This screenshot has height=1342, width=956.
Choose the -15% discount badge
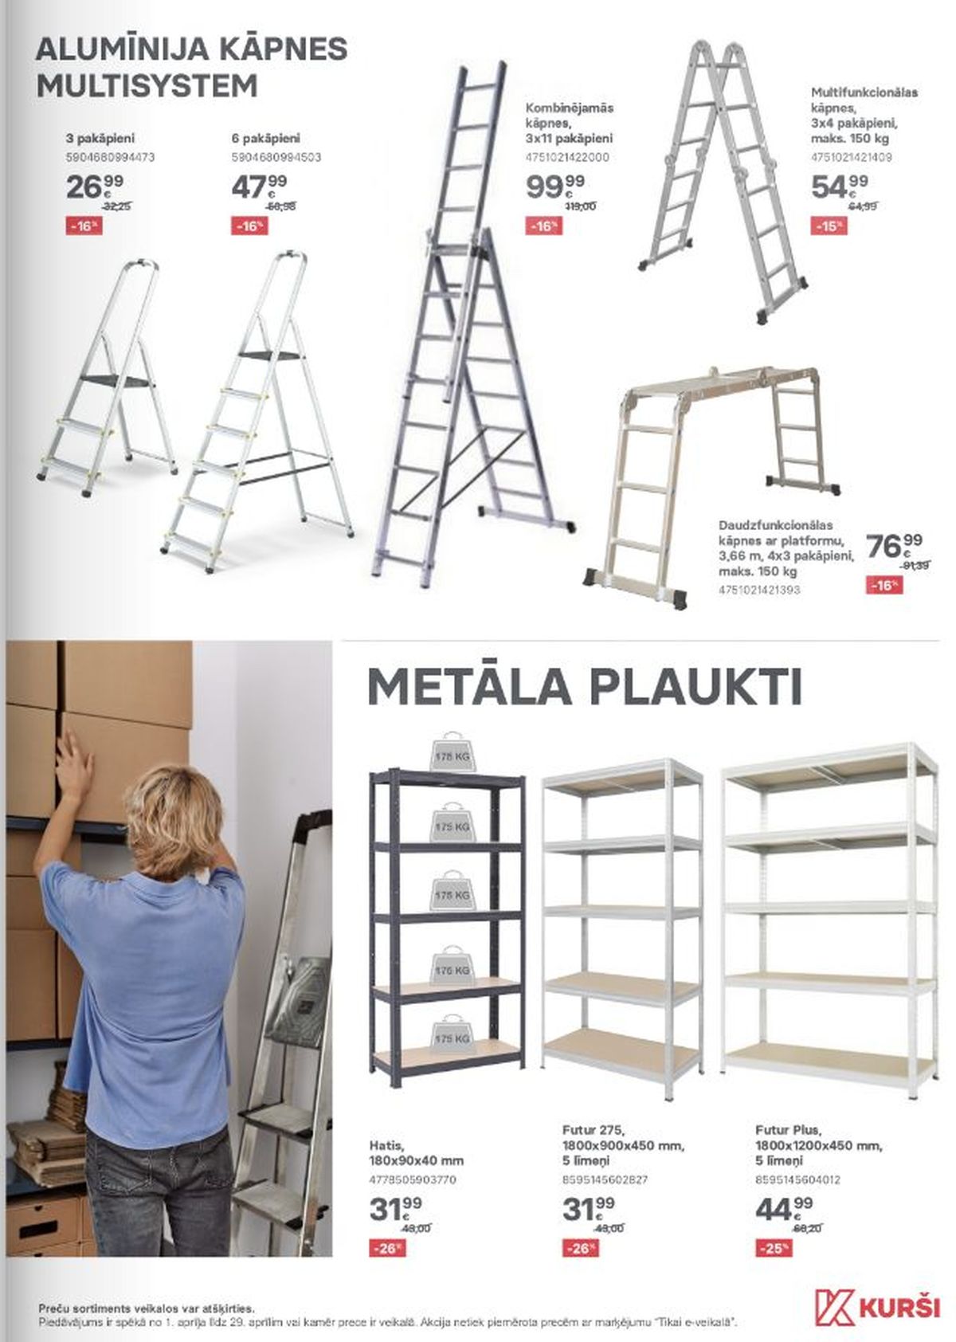[x=829, y=226]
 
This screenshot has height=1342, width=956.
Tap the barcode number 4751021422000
[x=567, y=157]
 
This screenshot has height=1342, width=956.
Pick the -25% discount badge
[x=774, y=1248]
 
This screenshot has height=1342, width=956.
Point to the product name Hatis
[x=385, y=1144]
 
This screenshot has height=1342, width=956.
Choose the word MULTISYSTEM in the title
[x=147, y=85]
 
